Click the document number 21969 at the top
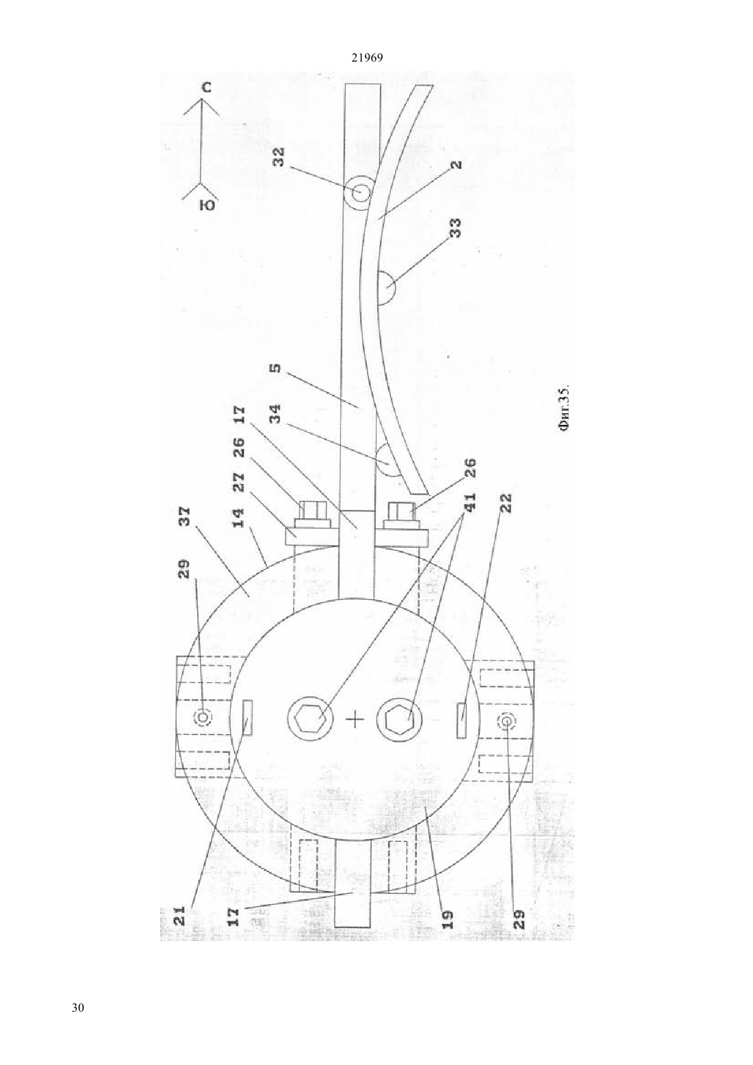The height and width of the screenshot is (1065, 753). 367,57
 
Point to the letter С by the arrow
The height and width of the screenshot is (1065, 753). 205,88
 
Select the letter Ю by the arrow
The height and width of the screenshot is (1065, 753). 207,205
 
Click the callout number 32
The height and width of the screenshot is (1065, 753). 279,157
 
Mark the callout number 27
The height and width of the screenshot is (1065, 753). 239,483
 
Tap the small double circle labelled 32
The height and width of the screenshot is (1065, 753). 359,192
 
